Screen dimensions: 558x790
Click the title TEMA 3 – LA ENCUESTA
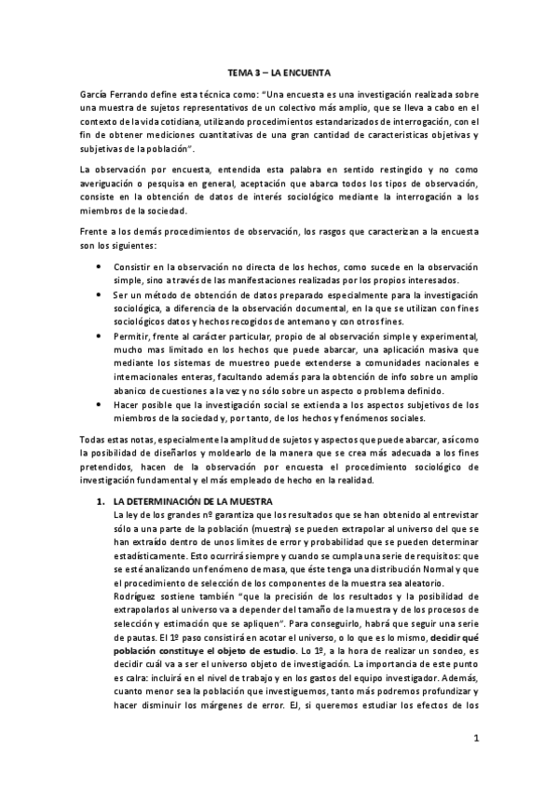pyautogui.click(x=279, y=72)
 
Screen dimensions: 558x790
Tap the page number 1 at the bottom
pyautogui.click(x=475, y=740)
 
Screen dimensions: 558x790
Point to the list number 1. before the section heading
pyautogui.click(x=102, y=500)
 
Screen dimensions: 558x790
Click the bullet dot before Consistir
pyautogui.click(x=101, y=267)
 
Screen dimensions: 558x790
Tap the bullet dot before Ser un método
pyautogui.click(x=101, y=293)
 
